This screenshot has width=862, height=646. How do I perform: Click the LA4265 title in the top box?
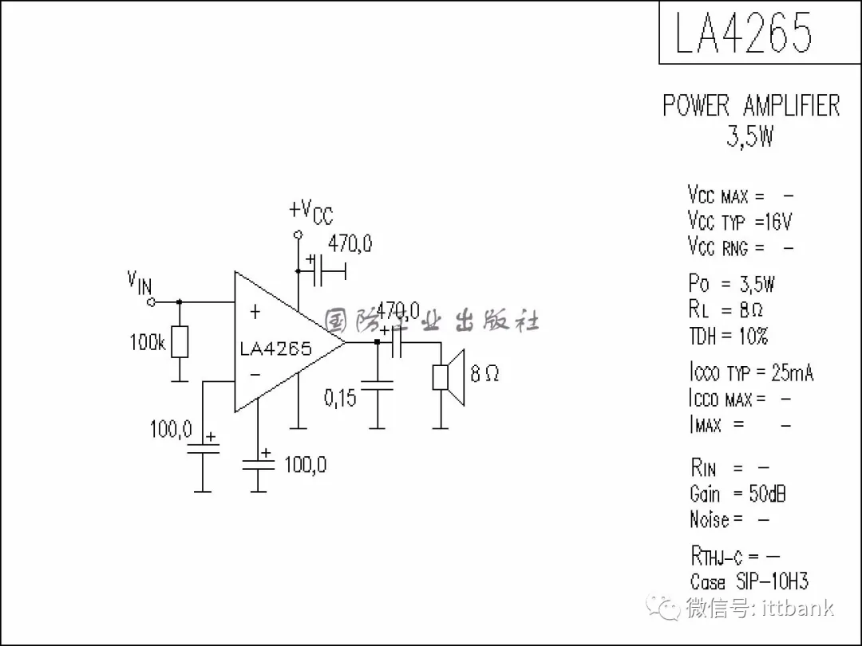[743, 33]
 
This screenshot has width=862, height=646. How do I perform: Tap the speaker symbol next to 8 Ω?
[449, 377]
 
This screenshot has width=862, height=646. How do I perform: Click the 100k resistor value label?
[147, 343]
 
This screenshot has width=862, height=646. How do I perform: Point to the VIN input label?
[139, 282]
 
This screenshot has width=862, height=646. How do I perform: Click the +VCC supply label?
[311, 211]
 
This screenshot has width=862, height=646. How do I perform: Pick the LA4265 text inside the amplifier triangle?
[276, 349]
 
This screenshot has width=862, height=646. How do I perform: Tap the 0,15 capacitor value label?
[340, 397]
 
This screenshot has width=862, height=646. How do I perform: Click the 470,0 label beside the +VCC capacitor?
[350, 244]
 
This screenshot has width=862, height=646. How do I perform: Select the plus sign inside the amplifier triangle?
[255, 312]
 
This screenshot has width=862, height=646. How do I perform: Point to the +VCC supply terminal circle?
[298, 235]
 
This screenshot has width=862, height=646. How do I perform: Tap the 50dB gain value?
[767, 494]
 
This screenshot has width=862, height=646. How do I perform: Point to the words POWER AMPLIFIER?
[751, 105]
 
